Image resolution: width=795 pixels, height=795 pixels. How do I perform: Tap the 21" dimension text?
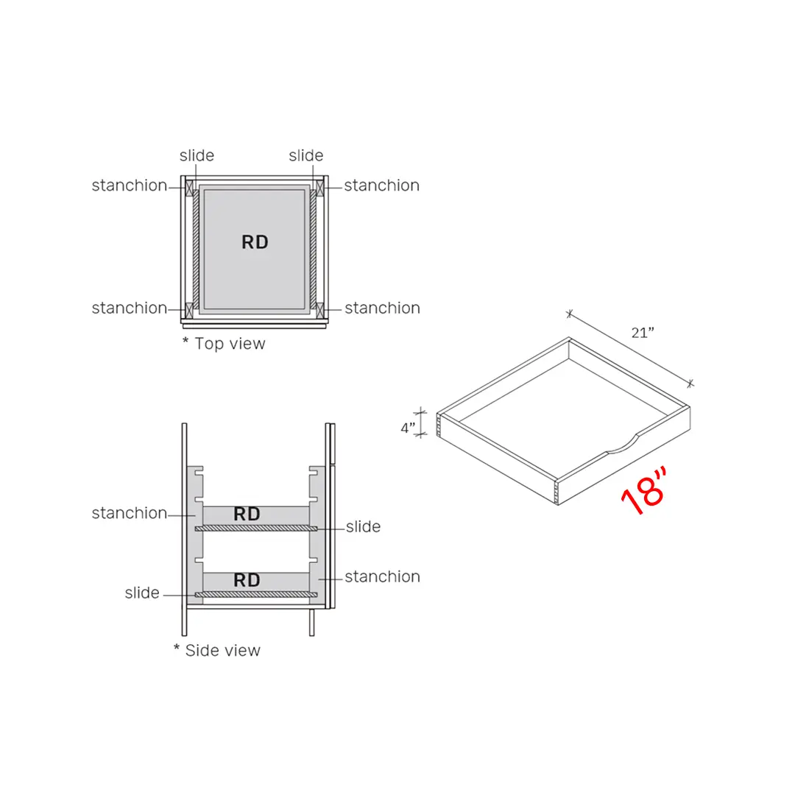(x=643, y=332)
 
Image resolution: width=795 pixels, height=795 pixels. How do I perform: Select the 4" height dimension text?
(x=408, y=428)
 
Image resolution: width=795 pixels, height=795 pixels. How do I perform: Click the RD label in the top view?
(x=255, y=242)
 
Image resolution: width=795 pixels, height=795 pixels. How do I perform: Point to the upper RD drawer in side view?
(x=247, y=515)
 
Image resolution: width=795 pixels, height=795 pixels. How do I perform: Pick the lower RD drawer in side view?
(x=247, y=580)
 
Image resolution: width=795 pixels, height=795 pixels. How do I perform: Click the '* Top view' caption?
(x=224, y=344)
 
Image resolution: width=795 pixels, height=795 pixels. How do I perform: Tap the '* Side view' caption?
(x=217, y=650)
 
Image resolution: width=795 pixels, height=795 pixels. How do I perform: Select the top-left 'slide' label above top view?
(x=197, y=155)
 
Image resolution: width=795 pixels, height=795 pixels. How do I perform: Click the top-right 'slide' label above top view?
(x=305, y=155)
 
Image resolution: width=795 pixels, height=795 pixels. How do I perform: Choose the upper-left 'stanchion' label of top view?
(x=130, y=185)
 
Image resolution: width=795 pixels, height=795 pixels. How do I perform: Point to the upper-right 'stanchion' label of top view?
(x=381, y=185)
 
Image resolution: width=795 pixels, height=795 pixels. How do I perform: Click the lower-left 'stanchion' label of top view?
(x=130, y=308)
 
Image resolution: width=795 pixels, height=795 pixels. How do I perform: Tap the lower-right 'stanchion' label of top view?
(x=382, y=308)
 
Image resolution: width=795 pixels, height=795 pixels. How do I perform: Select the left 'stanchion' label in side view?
(x=130, y=513)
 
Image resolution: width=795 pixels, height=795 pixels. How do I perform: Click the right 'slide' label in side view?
(x=363, y=526)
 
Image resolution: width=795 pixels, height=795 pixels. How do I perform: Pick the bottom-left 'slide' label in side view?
(x=142, y=593)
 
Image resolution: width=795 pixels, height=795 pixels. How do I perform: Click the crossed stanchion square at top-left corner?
(x=190, y=187)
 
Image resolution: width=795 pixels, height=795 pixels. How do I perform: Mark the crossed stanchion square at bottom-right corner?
(x=320, y=308)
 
